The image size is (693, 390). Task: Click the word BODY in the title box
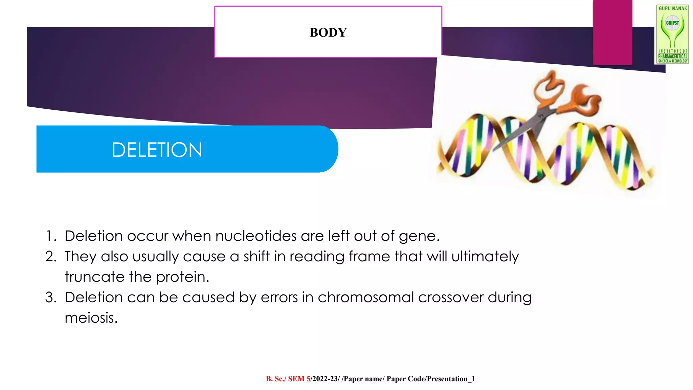pyautogui.click(x=328, y=33)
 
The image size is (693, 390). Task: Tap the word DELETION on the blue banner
pyautogui.click(x=157, y=150)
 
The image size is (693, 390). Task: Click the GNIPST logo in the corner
pyautogui.click(x=672, y=34)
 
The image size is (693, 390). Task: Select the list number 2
pyautogui.click(x=51, y=257)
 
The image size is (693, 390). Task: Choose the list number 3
pyautogui.click(x=51, y=297)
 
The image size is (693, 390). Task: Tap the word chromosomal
pyautogui.click(x=365, y=297)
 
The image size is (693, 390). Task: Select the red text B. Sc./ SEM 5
pyautogui.click(x=288, y=379)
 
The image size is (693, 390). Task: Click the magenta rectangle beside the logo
pyautogui.click(x=612, y=32)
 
